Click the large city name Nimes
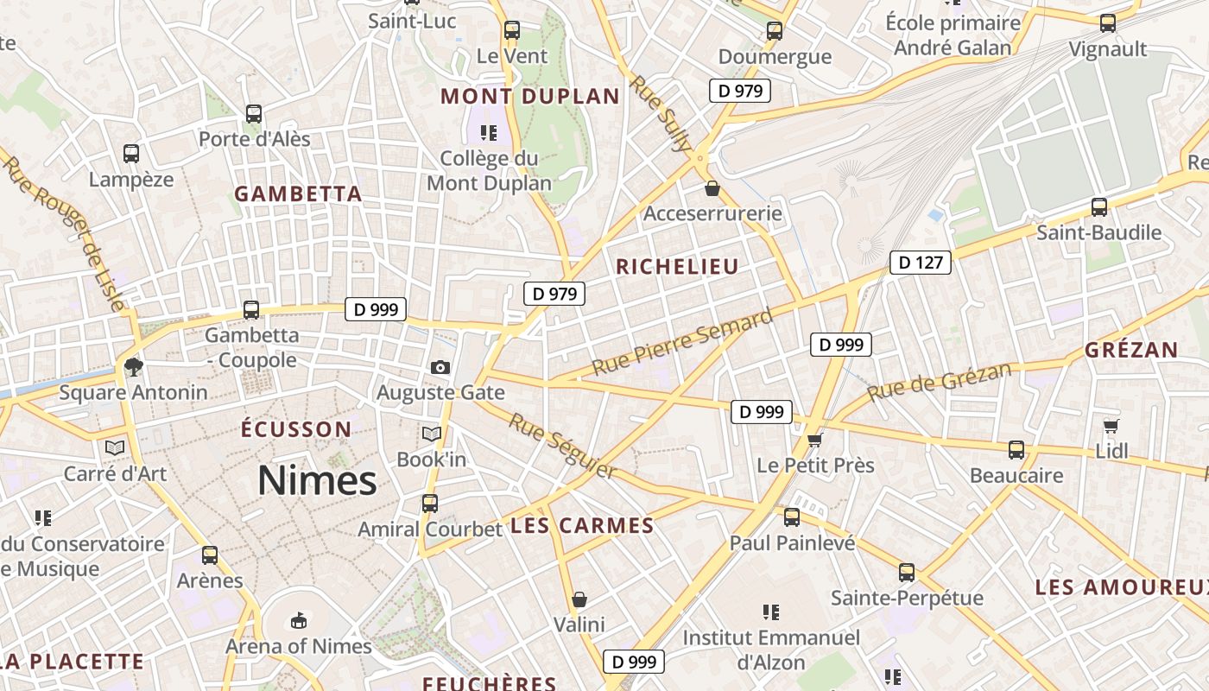pyautogui.click(x=317, y=480)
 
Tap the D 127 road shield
pyautogui.click(x=920, y=263)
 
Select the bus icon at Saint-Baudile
pyautogui.click(x=1098, y=207)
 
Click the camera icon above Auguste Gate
pyautogui.click(x=440, y=367)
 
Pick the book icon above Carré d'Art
pyautogui.click(x=115, y=447)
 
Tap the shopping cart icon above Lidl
pyautogui.click(x=1111, y=426)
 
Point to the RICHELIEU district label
pyautogui.click(x=677, y=267)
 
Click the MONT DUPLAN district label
pyautogui.click(x=530, y=96)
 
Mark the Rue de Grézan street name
pyautogui.click(x=939, y=382)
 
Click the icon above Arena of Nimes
pyautogui.click(x=298, y=620)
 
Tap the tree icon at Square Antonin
pyautogui.click(x=133, y=367)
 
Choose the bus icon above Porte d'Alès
pyautogui.click(x=253, y=113)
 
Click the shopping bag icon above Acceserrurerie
pyautogui.click(x=712, y=187)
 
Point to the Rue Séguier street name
pyautogui.click(x=562, y=446)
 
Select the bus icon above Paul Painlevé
pyautogui.click(x=791, y=517)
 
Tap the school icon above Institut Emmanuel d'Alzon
pyautogui.click(x=771, y=612)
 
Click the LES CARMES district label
pyautogui.click(x=582, y=525)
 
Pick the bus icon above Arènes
pyautogui.click(x=210, y=555)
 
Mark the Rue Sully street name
pyautogui.click(x=661, y=113)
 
